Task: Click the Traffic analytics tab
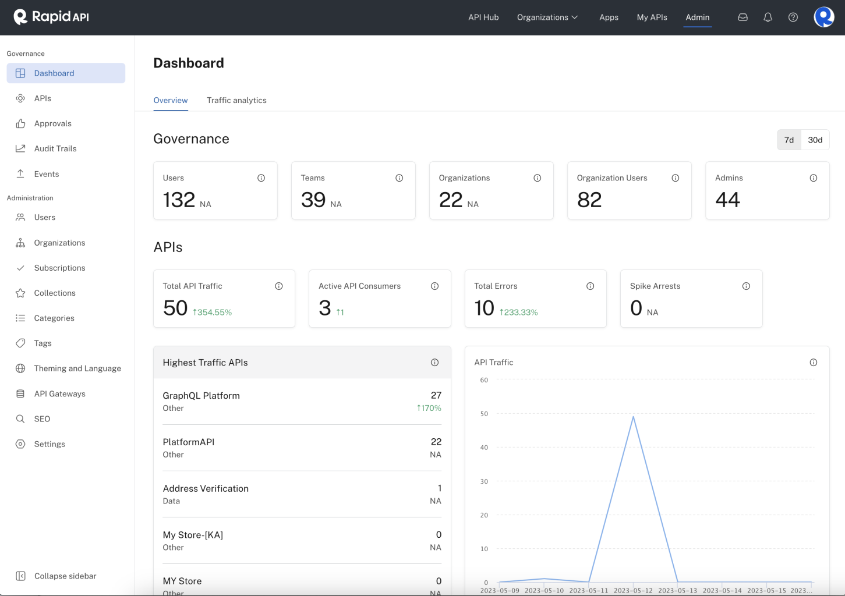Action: [x=236, y=100]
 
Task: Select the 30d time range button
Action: [x=815, y=140]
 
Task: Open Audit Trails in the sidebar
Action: [x=55, y=148]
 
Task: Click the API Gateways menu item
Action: [x=59, y=393]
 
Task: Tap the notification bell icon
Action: [x=768, y=17]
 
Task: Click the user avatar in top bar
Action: [x=823, y=17]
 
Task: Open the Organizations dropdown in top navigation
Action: [x=547, y=17]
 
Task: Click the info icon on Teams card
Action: [x=399, y=178]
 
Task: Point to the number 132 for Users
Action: [x=179, y=200]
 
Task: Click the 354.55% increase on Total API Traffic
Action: [x=213, y=313]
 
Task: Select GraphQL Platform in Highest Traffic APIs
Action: [x=201, y=396]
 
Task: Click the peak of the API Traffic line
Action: [x=633, y=417]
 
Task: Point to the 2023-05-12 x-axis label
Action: [x=633, y=590]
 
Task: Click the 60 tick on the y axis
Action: [x=484, y=380]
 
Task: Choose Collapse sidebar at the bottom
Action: [x=65, y=576]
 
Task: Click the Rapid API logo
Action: [x=51, y=17]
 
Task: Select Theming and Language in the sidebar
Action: [x=77, y=368]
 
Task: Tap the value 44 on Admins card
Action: [x=727, y=200]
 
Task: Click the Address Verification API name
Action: [x=206, y=488]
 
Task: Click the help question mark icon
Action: [x=793, y=17]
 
